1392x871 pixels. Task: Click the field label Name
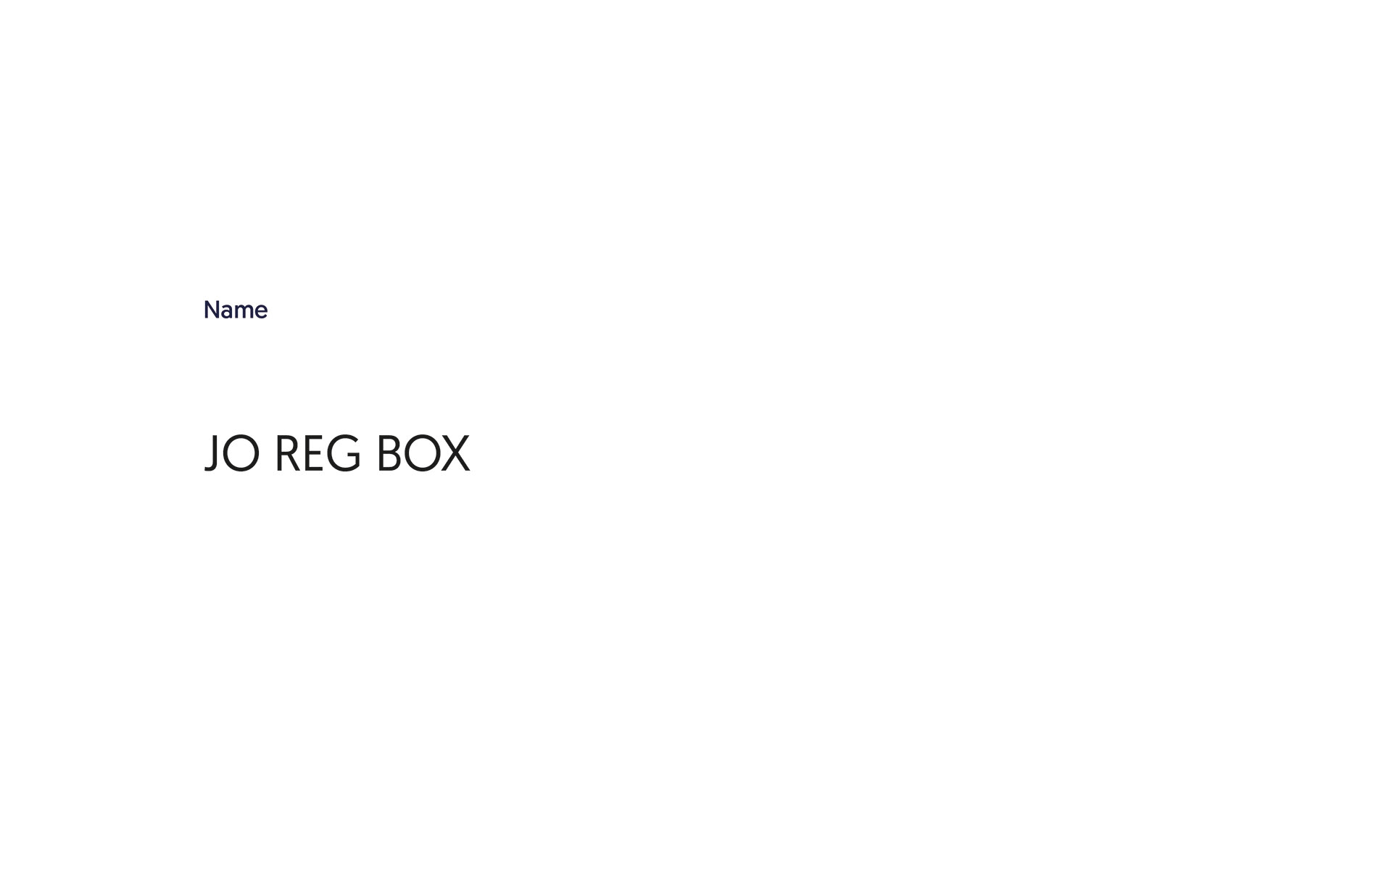pyautogui.click(x=236, y=310)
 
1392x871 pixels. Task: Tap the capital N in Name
pyautogui.click(x=212, y=310)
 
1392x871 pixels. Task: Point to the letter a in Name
pyautogui.click(x=227, y=312)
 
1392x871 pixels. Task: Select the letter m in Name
pyautogui.click(x=244, y=312)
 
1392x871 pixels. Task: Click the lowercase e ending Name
pyautogui.click(x=261, y=312)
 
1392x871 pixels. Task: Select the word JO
pyautogui.click(x=232, y=453)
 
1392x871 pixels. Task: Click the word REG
pyautogui.click(x=318, y=453)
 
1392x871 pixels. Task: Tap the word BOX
pyautogui.click(x=423, y=453)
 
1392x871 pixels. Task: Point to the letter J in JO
pyautogui.click(x=212, y=453)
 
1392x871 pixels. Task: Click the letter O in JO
pyautogui.click(x=241, y=454)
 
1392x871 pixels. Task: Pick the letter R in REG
pyautogui.click(x=287, y=453)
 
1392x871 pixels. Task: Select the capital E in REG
pyautogui.click(x=313, y=453)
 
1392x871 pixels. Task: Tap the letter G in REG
pyautogui.click(x=344, y=454)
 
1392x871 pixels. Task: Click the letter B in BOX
pyautogui.click(x=389, y=453)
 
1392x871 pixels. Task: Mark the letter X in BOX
pyautogui.click(x=455, y=453)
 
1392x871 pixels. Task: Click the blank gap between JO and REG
pyautogui.click(x=268, y=453)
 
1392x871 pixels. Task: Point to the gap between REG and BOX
pyautogui.click(x=369, y=453)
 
